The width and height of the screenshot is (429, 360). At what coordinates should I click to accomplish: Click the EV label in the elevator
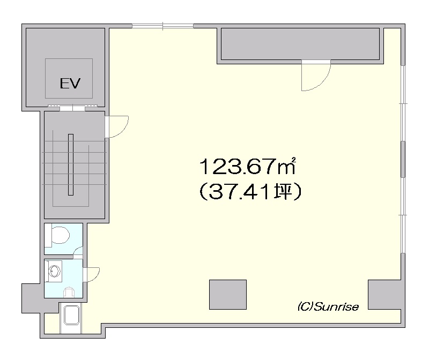point(70,83)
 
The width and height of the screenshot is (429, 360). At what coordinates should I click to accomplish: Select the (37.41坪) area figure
point(250,192)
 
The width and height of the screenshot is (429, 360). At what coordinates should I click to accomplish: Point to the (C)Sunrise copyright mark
point(328,307)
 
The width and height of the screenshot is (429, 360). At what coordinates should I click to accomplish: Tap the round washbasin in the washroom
point(55,271)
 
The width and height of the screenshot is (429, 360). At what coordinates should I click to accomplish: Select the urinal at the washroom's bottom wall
point(69,292)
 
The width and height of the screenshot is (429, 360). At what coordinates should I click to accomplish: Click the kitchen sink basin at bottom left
point(72,315)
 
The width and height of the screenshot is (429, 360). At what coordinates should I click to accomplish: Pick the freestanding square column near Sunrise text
point(228,295)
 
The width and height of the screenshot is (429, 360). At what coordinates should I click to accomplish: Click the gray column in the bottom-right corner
point(384,295)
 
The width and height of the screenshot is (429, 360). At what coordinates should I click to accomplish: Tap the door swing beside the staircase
point(117,126)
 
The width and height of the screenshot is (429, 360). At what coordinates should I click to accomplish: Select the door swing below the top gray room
point(316,76)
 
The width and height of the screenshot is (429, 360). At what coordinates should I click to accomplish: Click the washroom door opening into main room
point(92,275)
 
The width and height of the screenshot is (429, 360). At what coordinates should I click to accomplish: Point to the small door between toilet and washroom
point(78,252)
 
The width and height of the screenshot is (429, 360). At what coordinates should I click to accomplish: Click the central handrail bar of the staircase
point(71,164)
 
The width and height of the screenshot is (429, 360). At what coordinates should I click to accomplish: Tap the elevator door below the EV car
point(72,108)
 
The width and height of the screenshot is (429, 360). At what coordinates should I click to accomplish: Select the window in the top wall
point(163,26)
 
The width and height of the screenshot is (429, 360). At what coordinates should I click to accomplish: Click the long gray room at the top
point(300,44)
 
